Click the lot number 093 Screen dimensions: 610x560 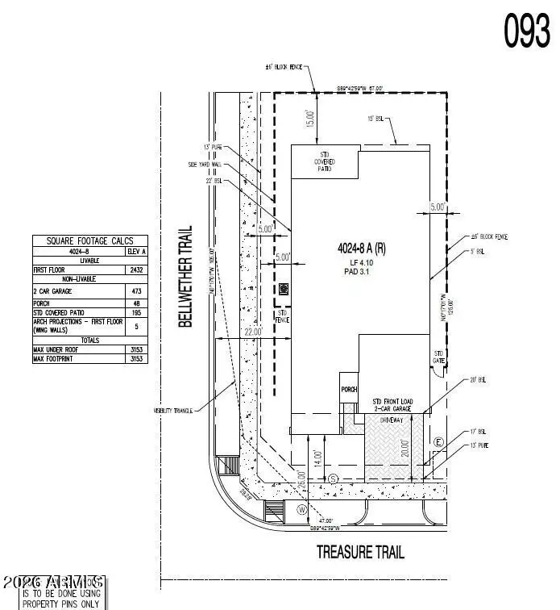point(527,31)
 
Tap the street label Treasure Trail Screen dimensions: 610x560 point(360,552)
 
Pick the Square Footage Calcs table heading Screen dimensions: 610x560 point(90,240)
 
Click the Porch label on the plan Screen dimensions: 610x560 point(348,389)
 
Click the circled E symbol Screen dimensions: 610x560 point(438,442)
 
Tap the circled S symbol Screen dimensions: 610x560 point(333,479)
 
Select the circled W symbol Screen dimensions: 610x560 point(301,509)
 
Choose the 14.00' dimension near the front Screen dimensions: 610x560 point(319,460)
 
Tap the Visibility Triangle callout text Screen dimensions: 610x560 point(172,411)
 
